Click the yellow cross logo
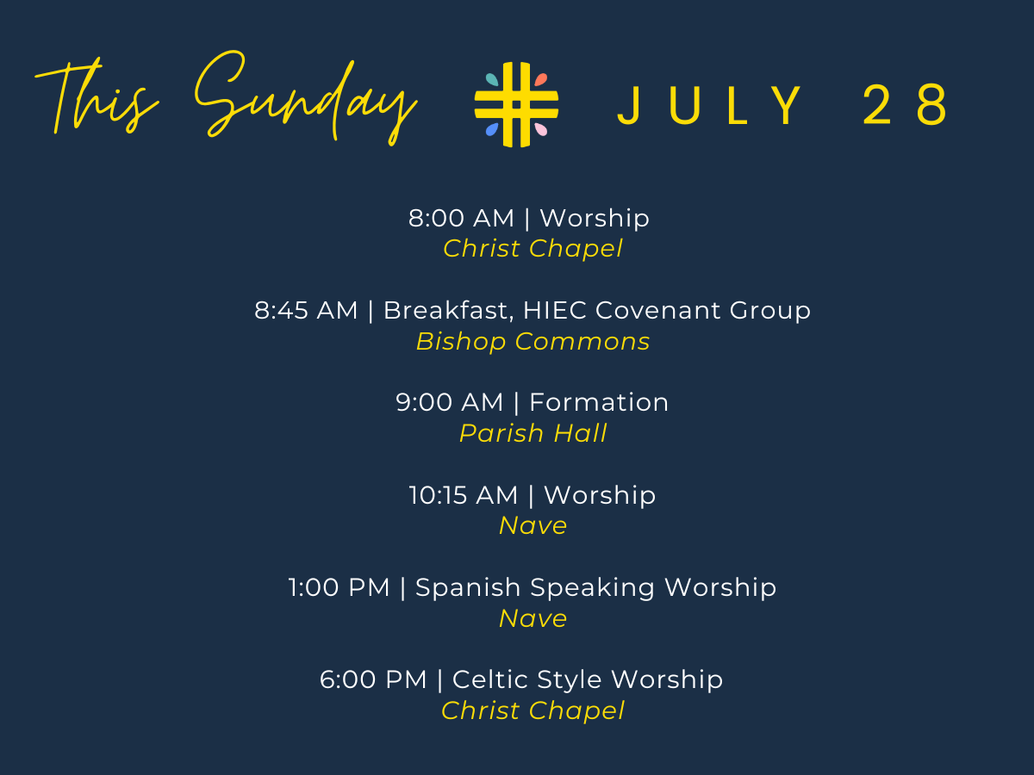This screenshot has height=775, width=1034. [x=516, y=104]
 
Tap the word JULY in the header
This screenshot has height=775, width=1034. [x=710, y=105]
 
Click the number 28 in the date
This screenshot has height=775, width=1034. [x=905, y=105]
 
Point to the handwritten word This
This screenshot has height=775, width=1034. [x=97, y=96]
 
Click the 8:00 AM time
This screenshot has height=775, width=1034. [x=461, y=219]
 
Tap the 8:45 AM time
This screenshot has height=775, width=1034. [x=306, y=311]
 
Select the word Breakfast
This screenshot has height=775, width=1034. [x=448, y=311]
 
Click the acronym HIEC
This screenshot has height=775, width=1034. [x=555, y=311]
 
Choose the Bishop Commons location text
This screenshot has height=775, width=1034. [x=533, y=342]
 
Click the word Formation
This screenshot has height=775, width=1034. [x=599, y=403]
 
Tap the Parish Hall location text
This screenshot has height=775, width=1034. [x=533, y=433]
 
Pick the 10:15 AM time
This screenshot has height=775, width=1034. [x=464, y=495]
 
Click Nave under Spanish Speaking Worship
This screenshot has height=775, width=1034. [x=533, y=618]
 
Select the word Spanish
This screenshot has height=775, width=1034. [x=468, y=588]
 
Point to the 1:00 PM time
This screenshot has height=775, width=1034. [x=339, y=588]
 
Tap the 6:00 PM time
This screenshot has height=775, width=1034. [x=373, y=680]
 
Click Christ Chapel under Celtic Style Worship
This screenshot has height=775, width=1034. [x=533, y=710]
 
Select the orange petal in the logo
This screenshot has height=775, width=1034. [x=541, y=79]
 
